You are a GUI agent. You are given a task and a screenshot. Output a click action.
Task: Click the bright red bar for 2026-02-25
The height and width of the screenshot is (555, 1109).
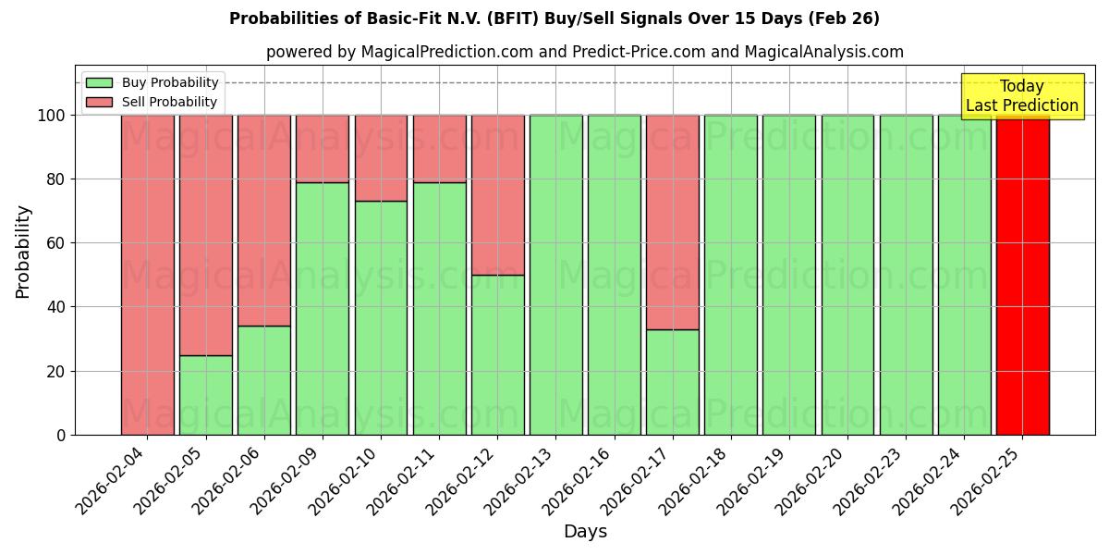click(1022, 275)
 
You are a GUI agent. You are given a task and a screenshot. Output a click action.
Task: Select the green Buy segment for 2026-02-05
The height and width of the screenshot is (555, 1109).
click(205, 395)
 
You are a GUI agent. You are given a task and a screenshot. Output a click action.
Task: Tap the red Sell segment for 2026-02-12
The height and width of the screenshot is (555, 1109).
click(497, 194)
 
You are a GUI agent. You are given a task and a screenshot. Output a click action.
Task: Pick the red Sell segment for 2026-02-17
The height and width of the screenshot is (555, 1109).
click(673, 222)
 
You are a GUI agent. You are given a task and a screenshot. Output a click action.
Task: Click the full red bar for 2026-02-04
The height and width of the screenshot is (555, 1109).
click(147, 275)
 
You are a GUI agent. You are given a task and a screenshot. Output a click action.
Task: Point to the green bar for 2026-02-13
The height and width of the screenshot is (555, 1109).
click(555, 275)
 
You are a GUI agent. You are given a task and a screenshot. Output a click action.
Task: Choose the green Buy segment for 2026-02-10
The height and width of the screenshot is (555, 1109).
click(381, 317)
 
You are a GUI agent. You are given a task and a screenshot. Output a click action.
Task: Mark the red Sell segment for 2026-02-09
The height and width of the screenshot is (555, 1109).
click(323, 148)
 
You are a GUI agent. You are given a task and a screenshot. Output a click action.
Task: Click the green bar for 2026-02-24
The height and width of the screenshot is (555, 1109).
click(964, 275)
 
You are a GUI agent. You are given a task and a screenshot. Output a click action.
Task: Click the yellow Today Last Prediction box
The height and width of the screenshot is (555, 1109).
click(1022, 96)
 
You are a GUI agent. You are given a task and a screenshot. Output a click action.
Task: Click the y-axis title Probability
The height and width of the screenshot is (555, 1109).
click(23, 250)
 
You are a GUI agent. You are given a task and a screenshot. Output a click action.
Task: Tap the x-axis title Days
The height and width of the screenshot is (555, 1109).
click(585, 532)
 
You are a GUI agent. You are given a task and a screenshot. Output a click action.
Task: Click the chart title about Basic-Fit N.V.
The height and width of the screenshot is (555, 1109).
click(554, 18)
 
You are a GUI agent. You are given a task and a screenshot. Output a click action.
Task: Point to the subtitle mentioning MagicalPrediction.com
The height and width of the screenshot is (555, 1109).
click(584, 52)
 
